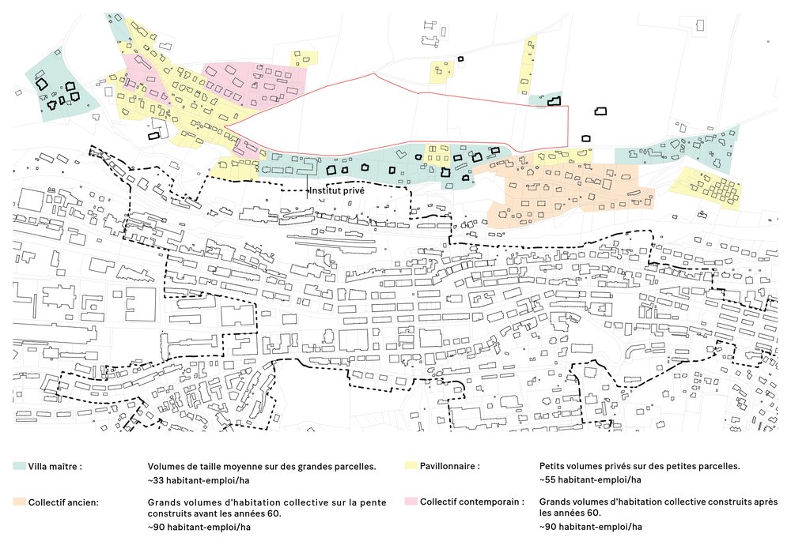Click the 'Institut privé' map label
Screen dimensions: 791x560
pos(336,191)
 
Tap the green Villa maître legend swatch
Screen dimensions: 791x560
pos(19,466)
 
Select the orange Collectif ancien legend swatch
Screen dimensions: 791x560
pos(19,502)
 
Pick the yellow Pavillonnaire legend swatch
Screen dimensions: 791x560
pos(411,466)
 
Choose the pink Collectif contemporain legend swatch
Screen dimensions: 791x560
pos(411,502)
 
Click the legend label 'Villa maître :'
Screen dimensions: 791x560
pos(55,466)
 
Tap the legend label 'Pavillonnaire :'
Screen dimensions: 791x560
pos(450,466)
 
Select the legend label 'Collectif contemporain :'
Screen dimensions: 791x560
pos(472,502)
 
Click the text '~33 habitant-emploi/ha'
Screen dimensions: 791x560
pos(199,480)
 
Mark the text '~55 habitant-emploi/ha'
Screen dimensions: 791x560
pos(590,479)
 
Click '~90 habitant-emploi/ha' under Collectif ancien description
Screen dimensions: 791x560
pos(199,528)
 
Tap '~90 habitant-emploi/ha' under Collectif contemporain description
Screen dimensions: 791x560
pos(590,527)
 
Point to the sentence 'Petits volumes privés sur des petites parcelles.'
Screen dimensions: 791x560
pos(640,466)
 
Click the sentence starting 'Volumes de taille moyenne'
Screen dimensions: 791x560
pos(262,466)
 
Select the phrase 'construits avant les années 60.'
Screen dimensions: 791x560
pos(214,513)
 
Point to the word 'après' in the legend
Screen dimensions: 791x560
pos(765,502)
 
